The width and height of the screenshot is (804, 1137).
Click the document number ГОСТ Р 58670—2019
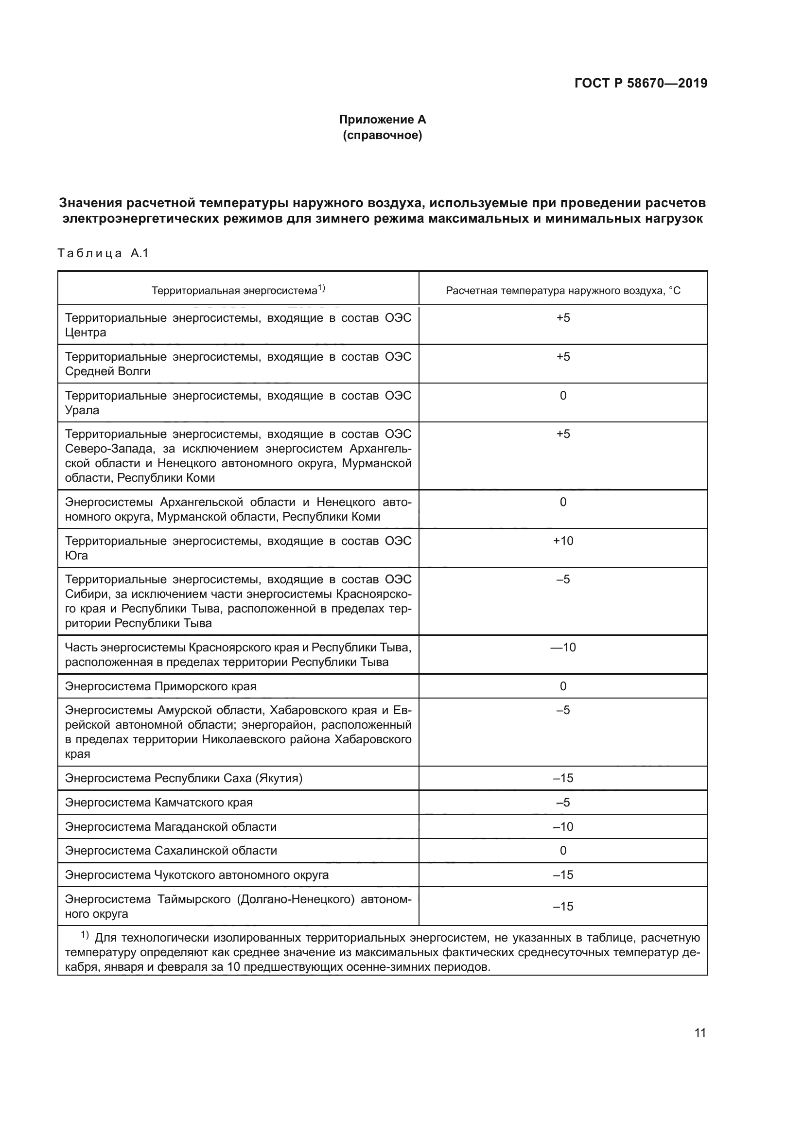[641, 83]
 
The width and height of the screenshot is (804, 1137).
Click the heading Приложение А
[382, 120]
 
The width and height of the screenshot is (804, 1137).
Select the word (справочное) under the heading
[382, 135]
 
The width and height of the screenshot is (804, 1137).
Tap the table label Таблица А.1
[103, 254]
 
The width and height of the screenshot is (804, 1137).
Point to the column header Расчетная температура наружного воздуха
[563, 291]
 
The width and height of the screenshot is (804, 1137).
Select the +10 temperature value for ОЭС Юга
[563, 541]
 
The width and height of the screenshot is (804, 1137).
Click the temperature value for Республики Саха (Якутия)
[563, 778]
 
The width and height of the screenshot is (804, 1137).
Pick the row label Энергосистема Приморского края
[160, 686]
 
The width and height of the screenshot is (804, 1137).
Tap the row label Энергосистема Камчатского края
[158, 802]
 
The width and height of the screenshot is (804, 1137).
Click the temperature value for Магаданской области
[563, 826]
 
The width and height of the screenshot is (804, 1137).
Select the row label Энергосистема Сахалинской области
[171, 851]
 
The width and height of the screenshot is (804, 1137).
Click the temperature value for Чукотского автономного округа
[563, 875]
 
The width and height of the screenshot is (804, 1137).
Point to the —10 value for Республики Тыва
[563, 647]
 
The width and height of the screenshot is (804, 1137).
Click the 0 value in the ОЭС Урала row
[563, 396]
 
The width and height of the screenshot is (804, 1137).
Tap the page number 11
[700, 1032]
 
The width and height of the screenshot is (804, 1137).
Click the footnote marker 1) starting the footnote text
[85, 935]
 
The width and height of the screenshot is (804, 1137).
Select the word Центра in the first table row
[86, 332]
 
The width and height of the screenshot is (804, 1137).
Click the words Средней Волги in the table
[107, 371]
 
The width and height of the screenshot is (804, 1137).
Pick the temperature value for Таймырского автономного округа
[563, 906]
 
